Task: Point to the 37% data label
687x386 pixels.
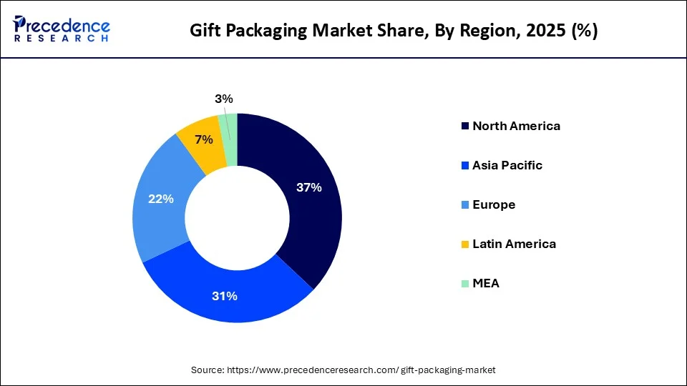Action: pos(309,188)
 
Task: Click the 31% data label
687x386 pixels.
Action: pos(224,296)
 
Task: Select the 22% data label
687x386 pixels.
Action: pos(160,199)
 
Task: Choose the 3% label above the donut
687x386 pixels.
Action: pos(224,99)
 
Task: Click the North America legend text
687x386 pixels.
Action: pos(516,126)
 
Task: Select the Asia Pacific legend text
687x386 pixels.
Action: pos(507,165)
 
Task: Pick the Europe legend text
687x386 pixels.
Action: pos(494,204)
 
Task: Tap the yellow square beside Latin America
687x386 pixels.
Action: pos(466,244)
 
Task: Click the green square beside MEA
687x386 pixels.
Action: pos(466,284)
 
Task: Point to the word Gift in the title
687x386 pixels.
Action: pos(203,31)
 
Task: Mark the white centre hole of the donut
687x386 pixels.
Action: pos(237,218)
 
